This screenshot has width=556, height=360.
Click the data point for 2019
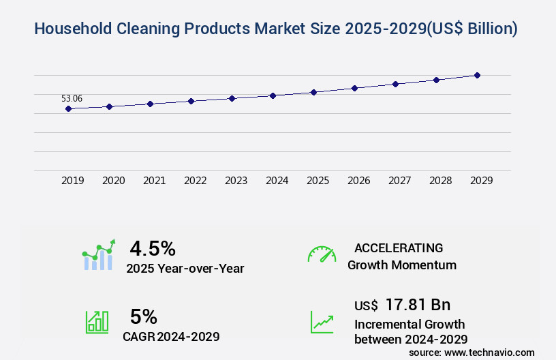[68, 108]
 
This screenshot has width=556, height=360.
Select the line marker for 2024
[273, 95]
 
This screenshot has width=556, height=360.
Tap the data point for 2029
[477, 75]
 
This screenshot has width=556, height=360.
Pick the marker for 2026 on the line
[354, 88]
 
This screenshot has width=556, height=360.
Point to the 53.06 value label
[72, 98]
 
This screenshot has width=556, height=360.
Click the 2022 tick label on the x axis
[195, 181]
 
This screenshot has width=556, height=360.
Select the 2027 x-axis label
[399, 181]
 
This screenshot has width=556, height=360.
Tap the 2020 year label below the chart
[113, 181]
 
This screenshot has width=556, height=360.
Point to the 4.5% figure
[153, 247]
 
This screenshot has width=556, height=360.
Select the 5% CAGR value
[144, 316]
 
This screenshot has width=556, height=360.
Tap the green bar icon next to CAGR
[97, 322]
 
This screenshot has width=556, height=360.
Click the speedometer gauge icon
[322, 254]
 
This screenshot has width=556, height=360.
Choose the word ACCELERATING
[399, 247]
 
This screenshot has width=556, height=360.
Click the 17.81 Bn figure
[418, 305]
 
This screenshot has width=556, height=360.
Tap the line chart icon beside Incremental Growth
[322, 322]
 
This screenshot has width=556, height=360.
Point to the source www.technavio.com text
[472, 352]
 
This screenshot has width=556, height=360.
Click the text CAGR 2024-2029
[171, 336]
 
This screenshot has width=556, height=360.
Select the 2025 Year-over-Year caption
[185, 268]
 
